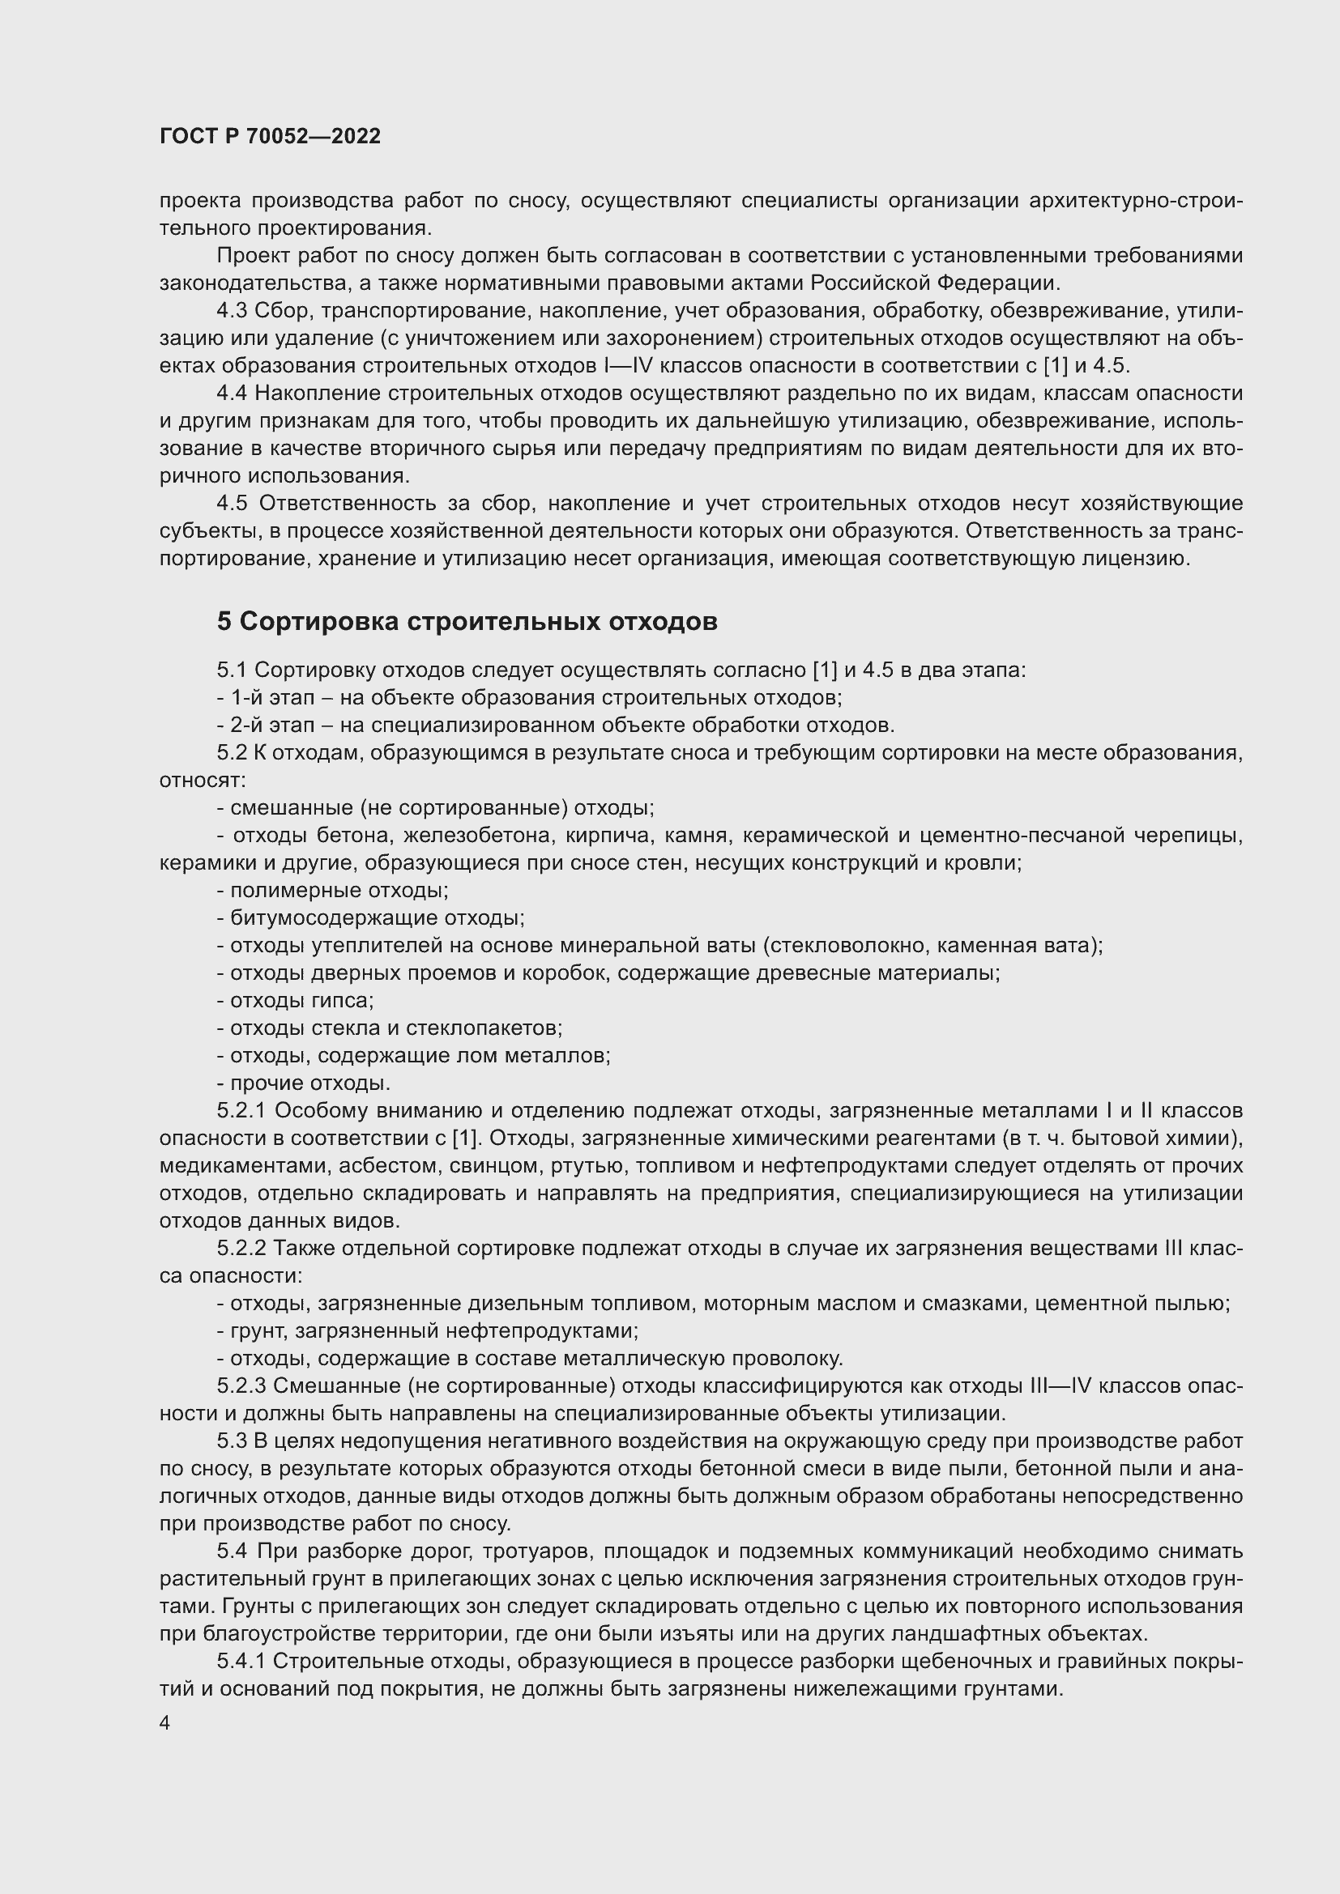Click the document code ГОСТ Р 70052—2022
pyautogui.click(x=270, y=137)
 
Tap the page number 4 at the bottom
pyautogui.click(x=165, y=1723)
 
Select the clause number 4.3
pyautogui.click(x=232, y=311)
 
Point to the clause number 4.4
pyautogui.click(x=232, y=394)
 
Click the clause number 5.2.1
pyautogui.click(x=241, y=1111)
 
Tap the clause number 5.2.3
pyautogui.click(x=241, y=1385)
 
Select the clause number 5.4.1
pyautogui.click(x=241, y=1662)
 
